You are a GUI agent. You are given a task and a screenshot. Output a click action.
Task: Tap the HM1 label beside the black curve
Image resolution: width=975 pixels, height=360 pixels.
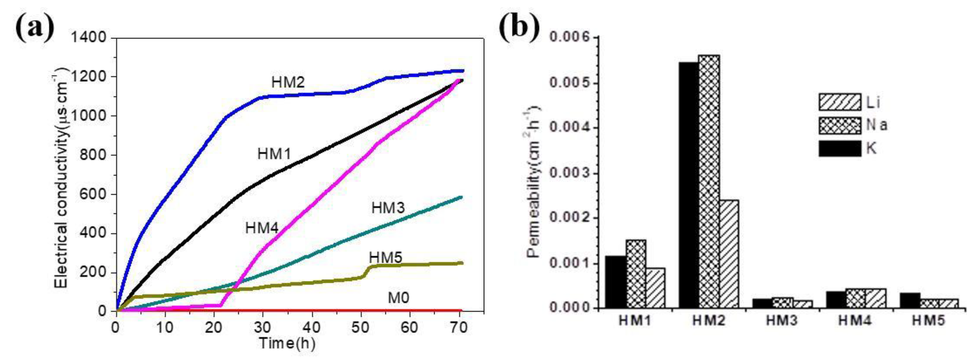tap(274, 154)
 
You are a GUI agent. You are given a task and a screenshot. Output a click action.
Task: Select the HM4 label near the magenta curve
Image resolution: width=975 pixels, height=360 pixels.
tap(262, 228)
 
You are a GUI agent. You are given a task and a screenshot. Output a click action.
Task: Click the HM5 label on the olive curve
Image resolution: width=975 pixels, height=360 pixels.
tap(385, 257)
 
